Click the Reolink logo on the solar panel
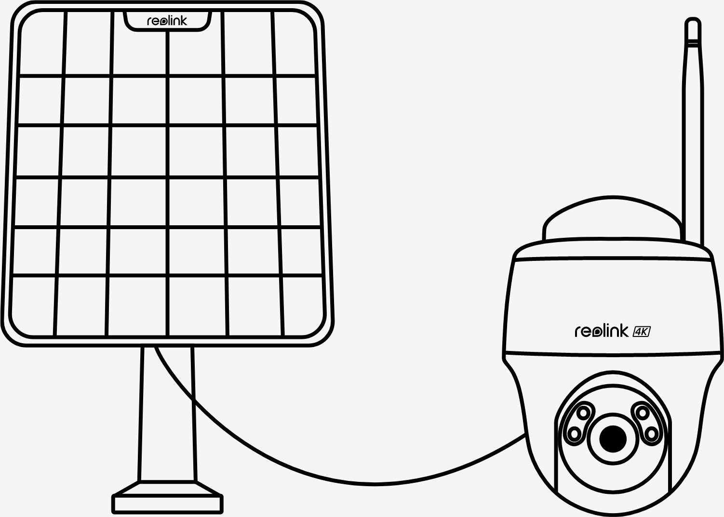pyautogui.click(x=167, y=21)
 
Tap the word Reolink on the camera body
pyautogui.click(x=601, y=331)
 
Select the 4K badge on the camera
pyautogui.click(x=642, y=331)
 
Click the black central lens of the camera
pyautogui.click(x=613, y=439)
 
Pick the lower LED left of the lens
pyautogui.click(x=574, y=433)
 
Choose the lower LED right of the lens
pyautogui.click(x=652, y=433)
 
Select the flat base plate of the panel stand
pyautogui.click(x=167, y=503)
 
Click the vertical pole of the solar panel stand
pyautogui.click(x=167, y=414)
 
